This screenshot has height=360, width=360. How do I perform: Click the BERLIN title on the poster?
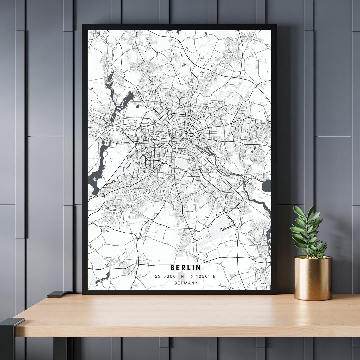click(x=186, y=268)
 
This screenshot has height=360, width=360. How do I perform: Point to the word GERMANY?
click(x=186, y=283)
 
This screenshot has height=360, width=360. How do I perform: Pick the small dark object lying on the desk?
click(x=57, y=294)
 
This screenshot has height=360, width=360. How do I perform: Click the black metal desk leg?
click(x=7, y=340)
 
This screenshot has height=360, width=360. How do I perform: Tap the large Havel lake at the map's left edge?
click(x=97, y=173)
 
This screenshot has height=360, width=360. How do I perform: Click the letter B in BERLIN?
click(x=172, y=268)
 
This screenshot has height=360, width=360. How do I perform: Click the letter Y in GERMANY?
click(x=196, y=283)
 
